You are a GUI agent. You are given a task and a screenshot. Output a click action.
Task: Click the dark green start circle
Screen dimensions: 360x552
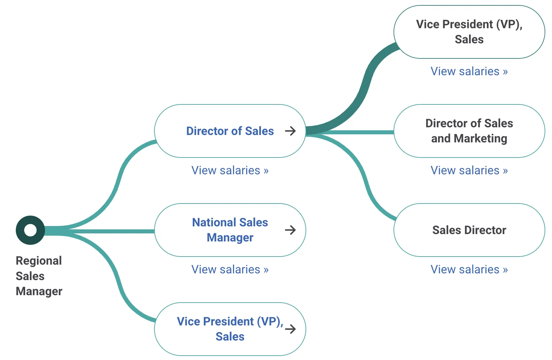[30, 230]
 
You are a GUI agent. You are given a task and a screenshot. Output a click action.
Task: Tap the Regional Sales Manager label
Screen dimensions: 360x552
[39, 276]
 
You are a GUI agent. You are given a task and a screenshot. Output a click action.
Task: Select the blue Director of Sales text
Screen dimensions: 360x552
[230, 131]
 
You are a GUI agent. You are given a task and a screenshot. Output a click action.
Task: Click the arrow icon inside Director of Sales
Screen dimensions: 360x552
[290, 131]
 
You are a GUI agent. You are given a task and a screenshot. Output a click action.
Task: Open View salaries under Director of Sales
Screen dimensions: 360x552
[230, 171]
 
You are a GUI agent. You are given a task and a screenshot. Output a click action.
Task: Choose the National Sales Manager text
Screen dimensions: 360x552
[230, 230]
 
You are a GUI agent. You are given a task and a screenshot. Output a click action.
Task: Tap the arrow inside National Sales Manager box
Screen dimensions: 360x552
[290, 230]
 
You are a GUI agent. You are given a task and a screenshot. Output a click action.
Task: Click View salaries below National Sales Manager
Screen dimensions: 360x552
[230, 270]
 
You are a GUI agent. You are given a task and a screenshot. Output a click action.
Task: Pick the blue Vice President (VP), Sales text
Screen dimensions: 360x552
[230, 329]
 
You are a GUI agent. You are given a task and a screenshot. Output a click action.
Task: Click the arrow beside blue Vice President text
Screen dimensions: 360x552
[290, 329]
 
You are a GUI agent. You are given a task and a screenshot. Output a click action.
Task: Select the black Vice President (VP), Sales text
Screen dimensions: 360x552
[469, 32]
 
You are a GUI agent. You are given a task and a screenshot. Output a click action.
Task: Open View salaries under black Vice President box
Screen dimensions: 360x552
[469, 72]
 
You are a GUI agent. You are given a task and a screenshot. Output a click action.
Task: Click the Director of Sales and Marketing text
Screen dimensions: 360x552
[469, 131]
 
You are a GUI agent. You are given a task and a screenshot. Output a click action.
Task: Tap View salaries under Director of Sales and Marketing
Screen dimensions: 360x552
[469, 171]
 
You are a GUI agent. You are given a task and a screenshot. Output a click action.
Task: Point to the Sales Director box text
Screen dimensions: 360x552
[469, 230]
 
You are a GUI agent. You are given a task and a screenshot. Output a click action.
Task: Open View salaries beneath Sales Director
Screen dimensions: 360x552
[469, 270]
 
